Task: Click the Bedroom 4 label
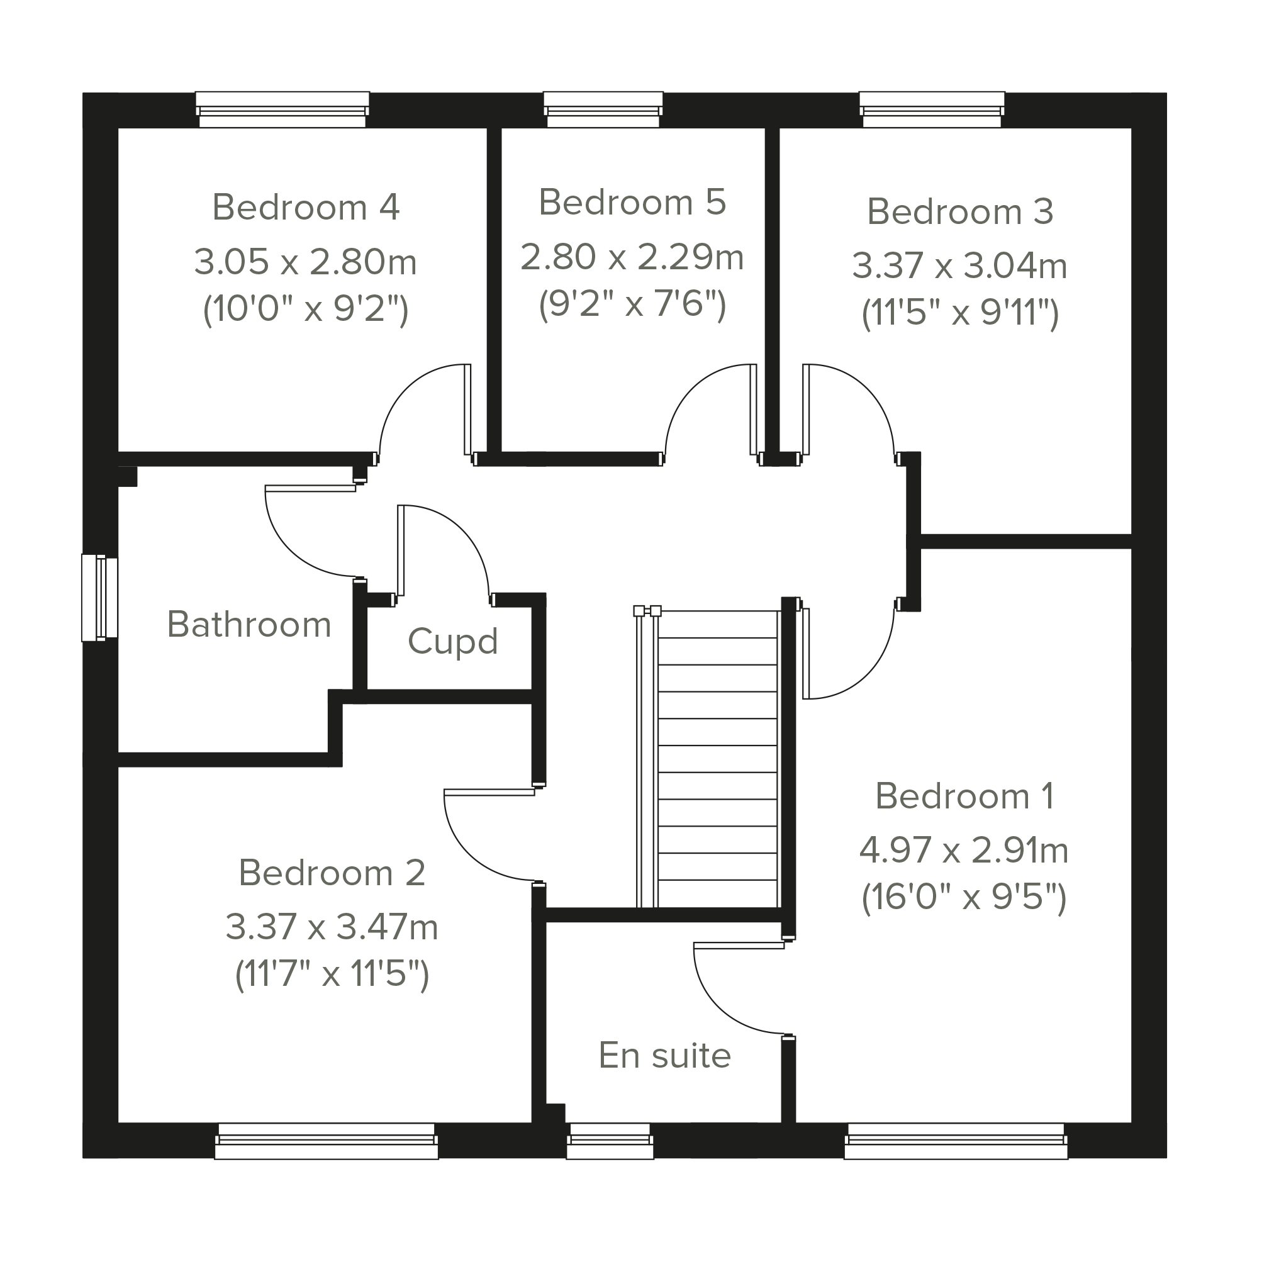coord(306,207)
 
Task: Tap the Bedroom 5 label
coord(632,202)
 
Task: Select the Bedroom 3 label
coord(960,211)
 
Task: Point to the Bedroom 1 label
coord(964,796)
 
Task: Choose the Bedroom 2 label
coord(332,873)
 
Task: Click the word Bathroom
coord(249,624)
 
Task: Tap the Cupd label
coord(452,642)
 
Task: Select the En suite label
coord(665,1055)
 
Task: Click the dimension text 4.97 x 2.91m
coord(964,850)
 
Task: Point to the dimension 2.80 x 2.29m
coord(632,257)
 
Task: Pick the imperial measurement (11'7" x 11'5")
coord(332,974)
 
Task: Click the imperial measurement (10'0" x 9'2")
coord(306,309)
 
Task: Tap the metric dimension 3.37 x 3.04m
coord(960,265)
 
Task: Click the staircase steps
coord(717,758)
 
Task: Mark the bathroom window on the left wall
coord(99,598)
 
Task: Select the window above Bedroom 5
coord(603,109)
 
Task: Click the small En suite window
coord(610,1141)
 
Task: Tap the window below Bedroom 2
coord(327,1141)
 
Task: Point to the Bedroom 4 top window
coord(282,109)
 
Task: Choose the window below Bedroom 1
coord(956,1141)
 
